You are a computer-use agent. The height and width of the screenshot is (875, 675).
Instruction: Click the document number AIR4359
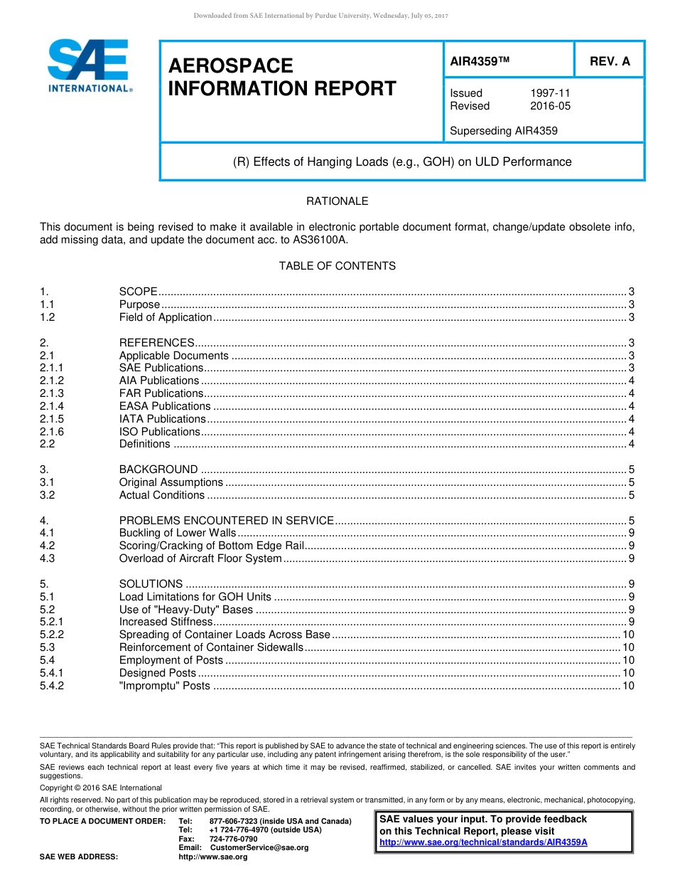click(x=480, y=62)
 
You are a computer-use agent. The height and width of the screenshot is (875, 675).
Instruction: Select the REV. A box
click(x=609, y=62)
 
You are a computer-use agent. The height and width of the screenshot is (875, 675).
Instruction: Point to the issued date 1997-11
click(x=550, y=93)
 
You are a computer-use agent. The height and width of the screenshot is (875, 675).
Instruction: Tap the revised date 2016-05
click(x=550, y=106)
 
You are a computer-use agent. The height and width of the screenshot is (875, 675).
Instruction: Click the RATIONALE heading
click(x=337, y=201)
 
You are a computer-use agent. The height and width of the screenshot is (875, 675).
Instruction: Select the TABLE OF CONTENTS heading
click(x=337, y=266)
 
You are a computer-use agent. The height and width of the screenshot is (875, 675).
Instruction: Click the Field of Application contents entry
click(x=166, y=317)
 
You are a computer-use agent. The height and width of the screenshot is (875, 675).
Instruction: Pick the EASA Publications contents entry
click(x=165, y=406)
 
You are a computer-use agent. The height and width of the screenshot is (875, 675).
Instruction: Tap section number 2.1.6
click(x=52, y=432)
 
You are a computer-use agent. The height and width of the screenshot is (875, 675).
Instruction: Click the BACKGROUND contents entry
click(x=158, y=470)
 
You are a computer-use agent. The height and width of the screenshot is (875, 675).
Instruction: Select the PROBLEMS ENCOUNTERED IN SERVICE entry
click(x=226, y=521)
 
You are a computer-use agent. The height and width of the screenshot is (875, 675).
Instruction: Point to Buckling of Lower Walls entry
click(x=177, y=533)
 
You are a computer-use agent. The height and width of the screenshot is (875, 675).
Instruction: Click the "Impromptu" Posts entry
click(x=165, y=686)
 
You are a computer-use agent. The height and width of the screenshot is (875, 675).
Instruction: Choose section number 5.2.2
click(x=52, y=635)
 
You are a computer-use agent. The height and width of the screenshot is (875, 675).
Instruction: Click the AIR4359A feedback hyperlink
click(x=483, y=842)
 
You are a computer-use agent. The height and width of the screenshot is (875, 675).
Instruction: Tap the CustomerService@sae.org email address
click(x=259, y=848)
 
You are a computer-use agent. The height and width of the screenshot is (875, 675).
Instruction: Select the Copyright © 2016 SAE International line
click(x=101, y=788)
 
